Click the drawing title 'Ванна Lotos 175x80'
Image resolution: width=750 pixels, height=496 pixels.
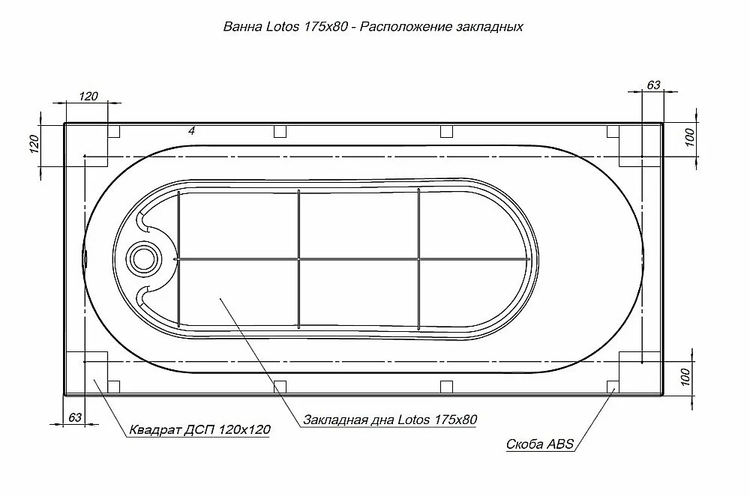(286, 26)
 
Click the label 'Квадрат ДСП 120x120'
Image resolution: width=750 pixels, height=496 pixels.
(199, 429)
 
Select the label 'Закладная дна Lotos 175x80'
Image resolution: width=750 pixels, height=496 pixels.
(390, 420)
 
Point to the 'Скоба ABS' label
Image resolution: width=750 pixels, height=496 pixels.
(539, 444)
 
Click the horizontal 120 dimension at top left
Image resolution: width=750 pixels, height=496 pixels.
(88, 96)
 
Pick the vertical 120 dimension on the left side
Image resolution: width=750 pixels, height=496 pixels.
(34, 144)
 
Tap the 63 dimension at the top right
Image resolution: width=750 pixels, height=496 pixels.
(653, 85)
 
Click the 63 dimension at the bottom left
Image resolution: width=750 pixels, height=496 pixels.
(75, 417)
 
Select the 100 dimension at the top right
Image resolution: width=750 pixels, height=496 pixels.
(689, 138)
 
